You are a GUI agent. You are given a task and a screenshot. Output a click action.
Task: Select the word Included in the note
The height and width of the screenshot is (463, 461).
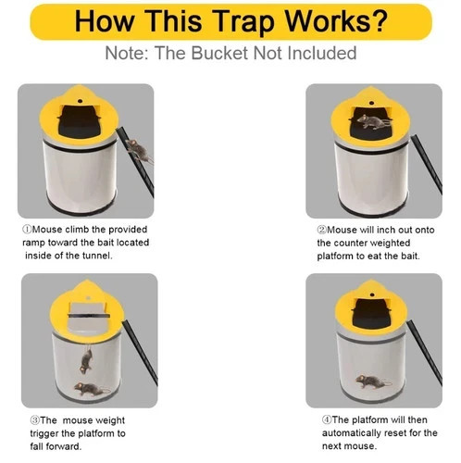314,53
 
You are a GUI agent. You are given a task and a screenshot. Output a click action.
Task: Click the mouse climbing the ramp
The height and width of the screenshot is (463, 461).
137,149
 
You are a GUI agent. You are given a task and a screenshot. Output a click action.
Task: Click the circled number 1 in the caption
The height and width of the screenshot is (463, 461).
26,229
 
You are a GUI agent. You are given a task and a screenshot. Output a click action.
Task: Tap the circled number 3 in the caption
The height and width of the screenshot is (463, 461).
26,419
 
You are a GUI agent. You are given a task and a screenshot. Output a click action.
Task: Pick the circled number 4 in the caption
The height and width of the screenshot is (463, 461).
326,419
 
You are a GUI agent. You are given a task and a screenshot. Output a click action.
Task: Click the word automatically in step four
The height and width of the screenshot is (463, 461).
358,433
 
